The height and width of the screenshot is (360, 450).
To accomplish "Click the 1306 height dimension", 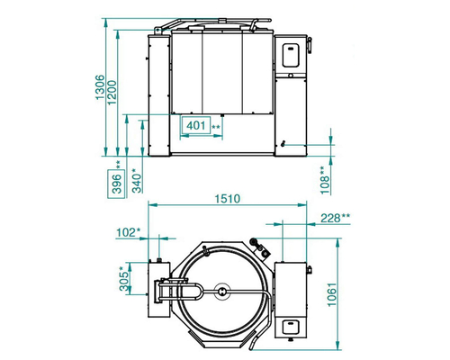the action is click(x=100, y=87).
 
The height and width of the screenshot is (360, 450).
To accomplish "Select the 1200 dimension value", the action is click(x=112, y=93).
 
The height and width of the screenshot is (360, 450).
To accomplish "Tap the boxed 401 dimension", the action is click(x=196, y=125).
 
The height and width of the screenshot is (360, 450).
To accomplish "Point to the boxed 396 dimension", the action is click(x=116, y=184).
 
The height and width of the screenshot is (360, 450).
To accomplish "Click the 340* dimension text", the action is click(x=137, y=181).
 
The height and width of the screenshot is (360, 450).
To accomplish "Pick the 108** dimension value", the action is click(x=325, y=181).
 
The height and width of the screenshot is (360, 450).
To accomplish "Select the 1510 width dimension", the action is click(x=228, y=199).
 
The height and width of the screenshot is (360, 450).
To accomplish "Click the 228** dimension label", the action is click(x=335, y=218).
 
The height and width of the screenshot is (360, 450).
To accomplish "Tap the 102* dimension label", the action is click(x=128, y=232).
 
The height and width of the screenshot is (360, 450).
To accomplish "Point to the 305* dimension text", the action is click(x=124, y=279).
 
